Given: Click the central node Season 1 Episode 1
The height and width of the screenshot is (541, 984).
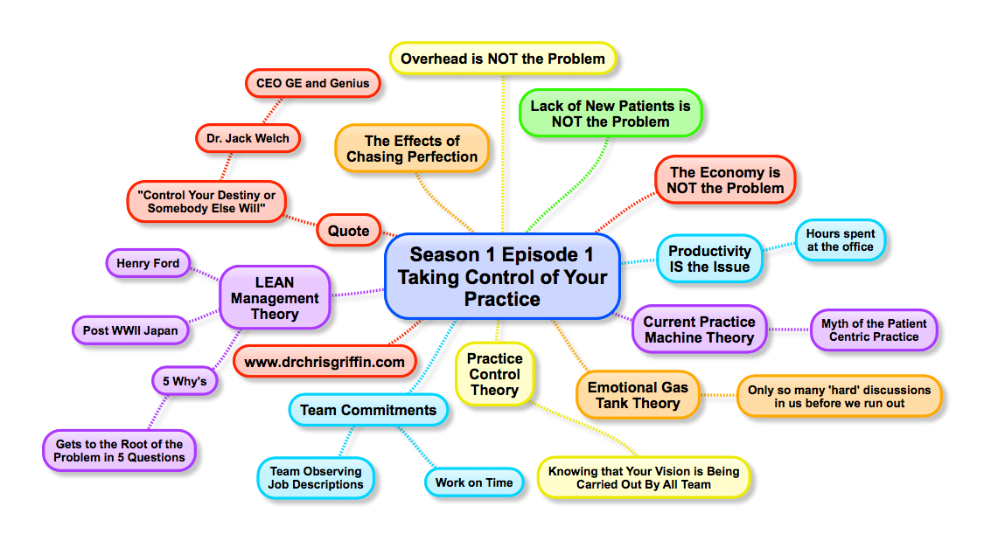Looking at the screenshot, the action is (502, 276).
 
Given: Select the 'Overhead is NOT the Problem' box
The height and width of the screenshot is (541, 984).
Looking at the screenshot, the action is (503, 59).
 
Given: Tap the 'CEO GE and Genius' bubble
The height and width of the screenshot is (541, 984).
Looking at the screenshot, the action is (312, 83).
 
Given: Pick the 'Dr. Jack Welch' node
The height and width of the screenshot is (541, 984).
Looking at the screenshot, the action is (248, 139).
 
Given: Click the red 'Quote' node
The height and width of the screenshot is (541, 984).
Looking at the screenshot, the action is (348, 231).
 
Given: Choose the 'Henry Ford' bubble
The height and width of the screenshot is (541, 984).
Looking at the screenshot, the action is (148, 263).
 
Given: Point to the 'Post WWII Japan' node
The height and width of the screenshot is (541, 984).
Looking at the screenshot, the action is (130, 330).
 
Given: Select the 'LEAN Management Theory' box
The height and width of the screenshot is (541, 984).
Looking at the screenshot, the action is (275, 298).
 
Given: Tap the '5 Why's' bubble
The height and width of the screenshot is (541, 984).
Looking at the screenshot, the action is (185, 381).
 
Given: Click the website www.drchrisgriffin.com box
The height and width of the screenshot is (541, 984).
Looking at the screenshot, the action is (325, 362).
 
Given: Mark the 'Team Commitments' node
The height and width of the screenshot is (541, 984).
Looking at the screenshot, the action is (368, 410).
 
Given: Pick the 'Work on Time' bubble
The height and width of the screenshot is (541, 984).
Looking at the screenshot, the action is (474, 482).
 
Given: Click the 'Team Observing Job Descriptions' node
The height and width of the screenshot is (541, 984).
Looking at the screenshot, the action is (316, 478).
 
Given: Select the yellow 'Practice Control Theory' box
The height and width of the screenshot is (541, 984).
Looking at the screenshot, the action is (495, 374).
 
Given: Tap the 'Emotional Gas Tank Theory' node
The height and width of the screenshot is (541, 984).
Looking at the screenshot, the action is (638, 396).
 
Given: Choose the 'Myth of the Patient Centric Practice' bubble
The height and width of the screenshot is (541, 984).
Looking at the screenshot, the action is (874, 329).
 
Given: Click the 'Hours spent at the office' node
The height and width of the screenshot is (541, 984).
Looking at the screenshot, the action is (841, 240).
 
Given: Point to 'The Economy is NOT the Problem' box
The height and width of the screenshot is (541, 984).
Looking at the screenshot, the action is (725, 180).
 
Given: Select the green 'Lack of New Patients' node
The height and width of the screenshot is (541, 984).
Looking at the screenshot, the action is (611, 114).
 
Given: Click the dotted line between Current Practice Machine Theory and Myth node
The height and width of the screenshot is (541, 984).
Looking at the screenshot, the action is (789, 329).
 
